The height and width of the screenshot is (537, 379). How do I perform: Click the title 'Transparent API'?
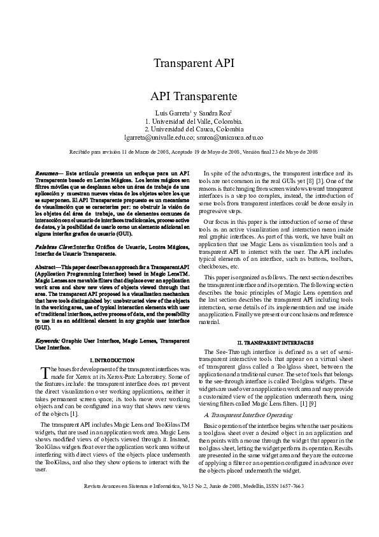[194, 63]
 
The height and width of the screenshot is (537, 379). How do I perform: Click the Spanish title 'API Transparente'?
[194, 96]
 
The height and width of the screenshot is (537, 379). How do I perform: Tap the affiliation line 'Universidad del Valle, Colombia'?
[197, 120]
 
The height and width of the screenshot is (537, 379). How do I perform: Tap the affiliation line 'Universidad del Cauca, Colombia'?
[197, 128]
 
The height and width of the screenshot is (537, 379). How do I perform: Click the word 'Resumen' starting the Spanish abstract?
[46, 173]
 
